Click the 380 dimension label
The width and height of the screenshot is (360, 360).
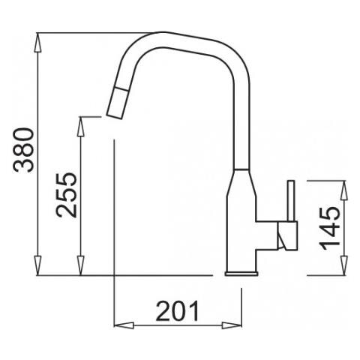23,150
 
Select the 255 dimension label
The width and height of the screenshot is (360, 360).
67,195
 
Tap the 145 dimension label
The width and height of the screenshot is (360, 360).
330,229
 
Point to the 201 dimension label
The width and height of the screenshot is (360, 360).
178,311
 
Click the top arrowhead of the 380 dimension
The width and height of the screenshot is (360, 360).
37,42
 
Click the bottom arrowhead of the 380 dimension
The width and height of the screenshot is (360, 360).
37,265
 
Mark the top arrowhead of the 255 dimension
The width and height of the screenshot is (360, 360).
80,127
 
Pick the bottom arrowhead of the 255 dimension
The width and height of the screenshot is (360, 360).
80,265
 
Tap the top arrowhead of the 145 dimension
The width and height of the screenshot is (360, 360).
344,190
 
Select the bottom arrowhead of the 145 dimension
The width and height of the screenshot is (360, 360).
344,265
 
